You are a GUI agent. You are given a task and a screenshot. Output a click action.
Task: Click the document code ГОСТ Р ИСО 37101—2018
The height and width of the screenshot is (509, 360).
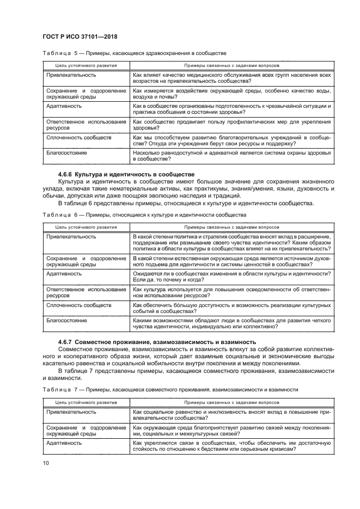click(x=81, y=36)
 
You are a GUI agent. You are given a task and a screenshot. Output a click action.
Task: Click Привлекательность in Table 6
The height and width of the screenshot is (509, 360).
click(x=71, y=237)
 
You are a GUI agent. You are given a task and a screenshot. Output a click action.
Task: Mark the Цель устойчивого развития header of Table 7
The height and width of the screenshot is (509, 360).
click(x=86, y=402)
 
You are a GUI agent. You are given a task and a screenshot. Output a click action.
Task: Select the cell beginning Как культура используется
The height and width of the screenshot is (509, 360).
click(x=232, y=293)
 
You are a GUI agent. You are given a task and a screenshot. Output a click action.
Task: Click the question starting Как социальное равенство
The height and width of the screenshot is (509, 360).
click(x=232, y=415)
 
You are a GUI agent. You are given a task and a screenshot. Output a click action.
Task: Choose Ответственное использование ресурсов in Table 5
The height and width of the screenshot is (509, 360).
click(x=86, y=125)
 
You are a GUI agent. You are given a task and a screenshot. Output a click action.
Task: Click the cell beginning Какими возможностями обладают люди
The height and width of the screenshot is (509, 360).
click(x=232, y=324)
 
